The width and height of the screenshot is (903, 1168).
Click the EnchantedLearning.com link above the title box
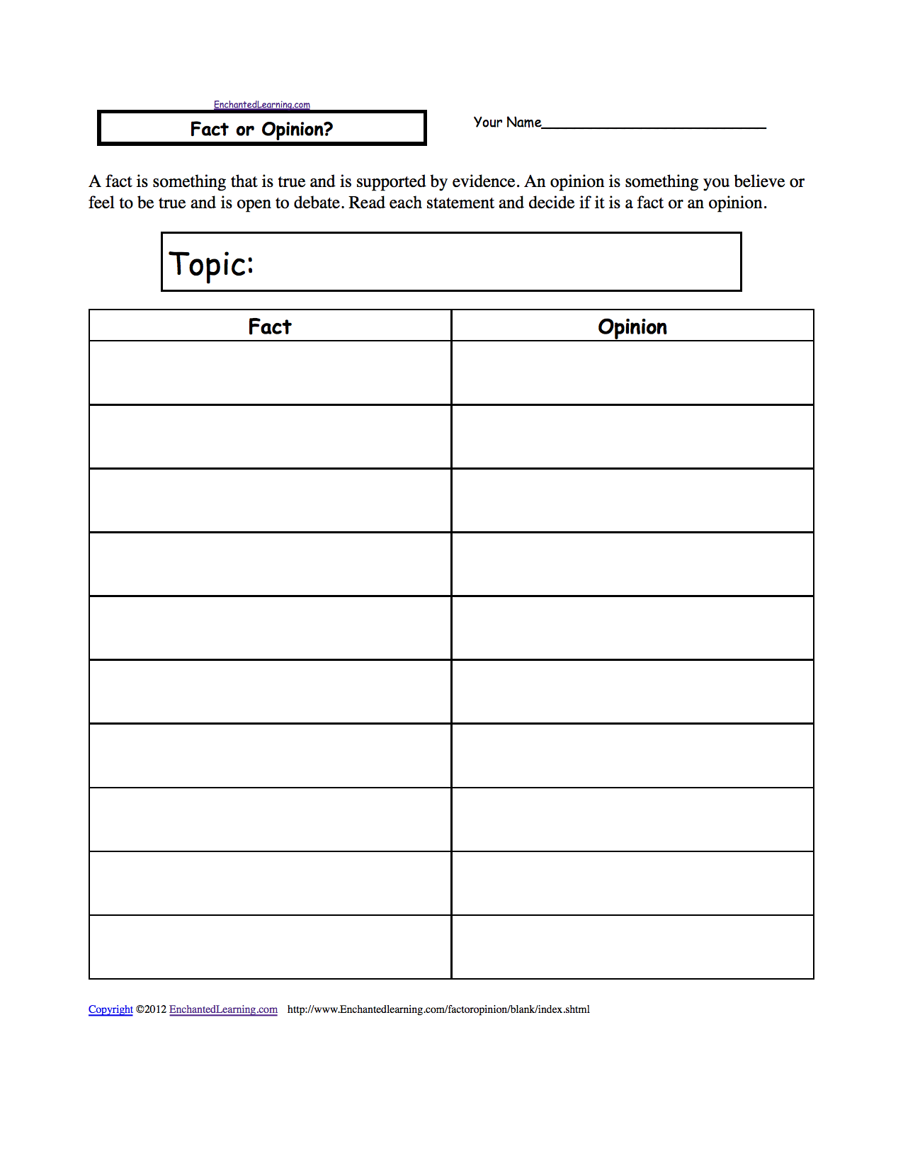click(x=261, y=105)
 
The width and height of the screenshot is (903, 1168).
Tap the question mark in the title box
click(x=327, y=129)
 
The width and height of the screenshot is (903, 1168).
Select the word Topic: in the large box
click(x=211, y=264)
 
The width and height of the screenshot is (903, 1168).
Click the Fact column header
click(x=269, y=327)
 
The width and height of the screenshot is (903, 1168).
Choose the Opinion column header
click(x=632, y=327)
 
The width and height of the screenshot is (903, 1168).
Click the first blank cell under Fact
click(x=270, y=373)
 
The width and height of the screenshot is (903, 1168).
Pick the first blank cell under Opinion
click(x=632, y=373)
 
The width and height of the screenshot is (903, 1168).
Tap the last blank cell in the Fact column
click(x=270, y=947)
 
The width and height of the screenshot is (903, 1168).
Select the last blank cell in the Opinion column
click(x=632, y=947)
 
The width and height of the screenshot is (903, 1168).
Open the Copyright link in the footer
click(x=110, y=1009)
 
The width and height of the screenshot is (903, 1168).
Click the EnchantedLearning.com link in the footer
click(x=223, y=1009)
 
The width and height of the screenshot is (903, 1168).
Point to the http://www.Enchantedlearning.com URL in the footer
click(x=438, y=1009)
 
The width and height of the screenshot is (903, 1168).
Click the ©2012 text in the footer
click(x=151, y=1009)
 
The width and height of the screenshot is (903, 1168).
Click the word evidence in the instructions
click(x=484, y=182)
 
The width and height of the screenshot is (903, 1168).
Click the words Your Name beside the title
click(x=507, y=123)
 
